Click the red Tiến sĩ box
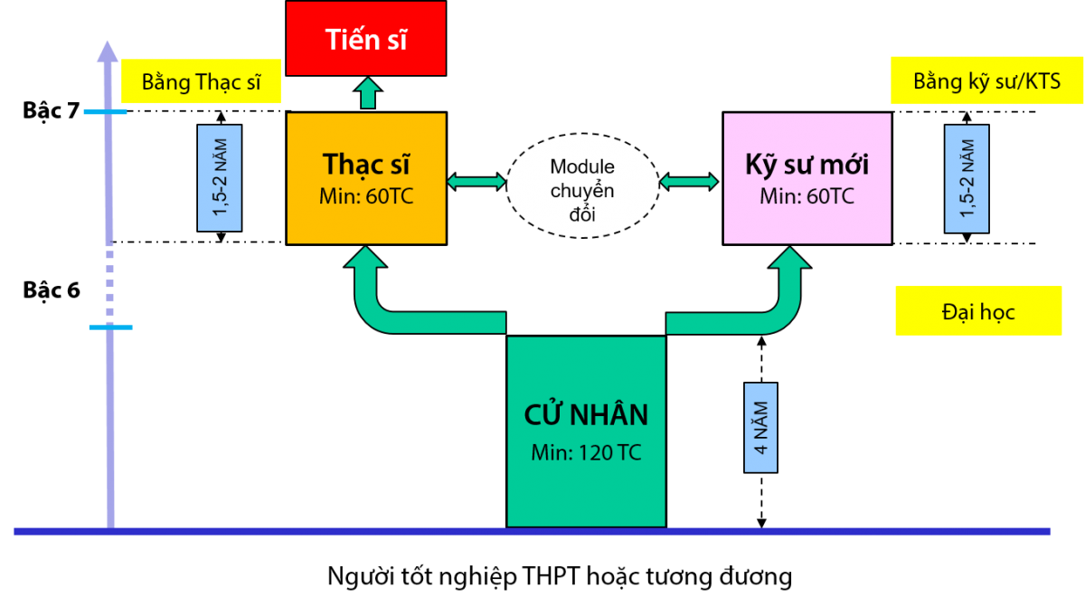pyautogui.click(x=365, y=38)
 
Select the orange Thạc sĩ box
pyautogui.click(x=366, y=178)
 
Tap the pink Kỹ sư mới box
pyautogui.click(x=807, y=178)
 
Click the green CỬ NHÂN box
pyautogui.click(x=586, y=432)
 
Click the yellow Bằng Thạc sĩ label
pyautogui.click(x=201, y=81)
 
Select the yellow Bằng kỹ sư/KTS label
pyautogui.click(x=986, y=81)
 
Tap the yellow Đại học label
pyautogui.click(x=978, y=311)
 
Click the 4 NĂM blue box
pyautogui.click(x=761, y=428)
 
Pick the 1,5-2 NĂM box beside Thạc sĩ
pyautogui.click(x=220, y=178)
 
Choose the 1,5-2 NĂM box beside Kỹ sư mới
pyautogui.click(x=967, y=179)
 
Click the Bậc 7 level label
pyautogui.click(x=51, y=111)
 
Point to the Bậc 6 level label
pyautogui.click(x=52, y=290)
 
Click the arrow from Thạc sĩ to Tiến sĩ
pyautogui.click(x=368, y=93)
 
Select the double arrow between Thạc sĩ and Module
pyautogui.click(x=476, y=182)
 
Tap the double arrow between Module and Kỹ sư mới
pyautogui.click(x=689, y=182)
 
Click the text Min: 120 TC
pyautogui.click(x=586, y=453)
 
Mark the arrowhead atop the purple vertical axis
pyautogui.click(x=107, y=52)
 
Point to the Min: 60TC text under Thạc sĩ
pyautogui.click(x=366, y=196)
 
